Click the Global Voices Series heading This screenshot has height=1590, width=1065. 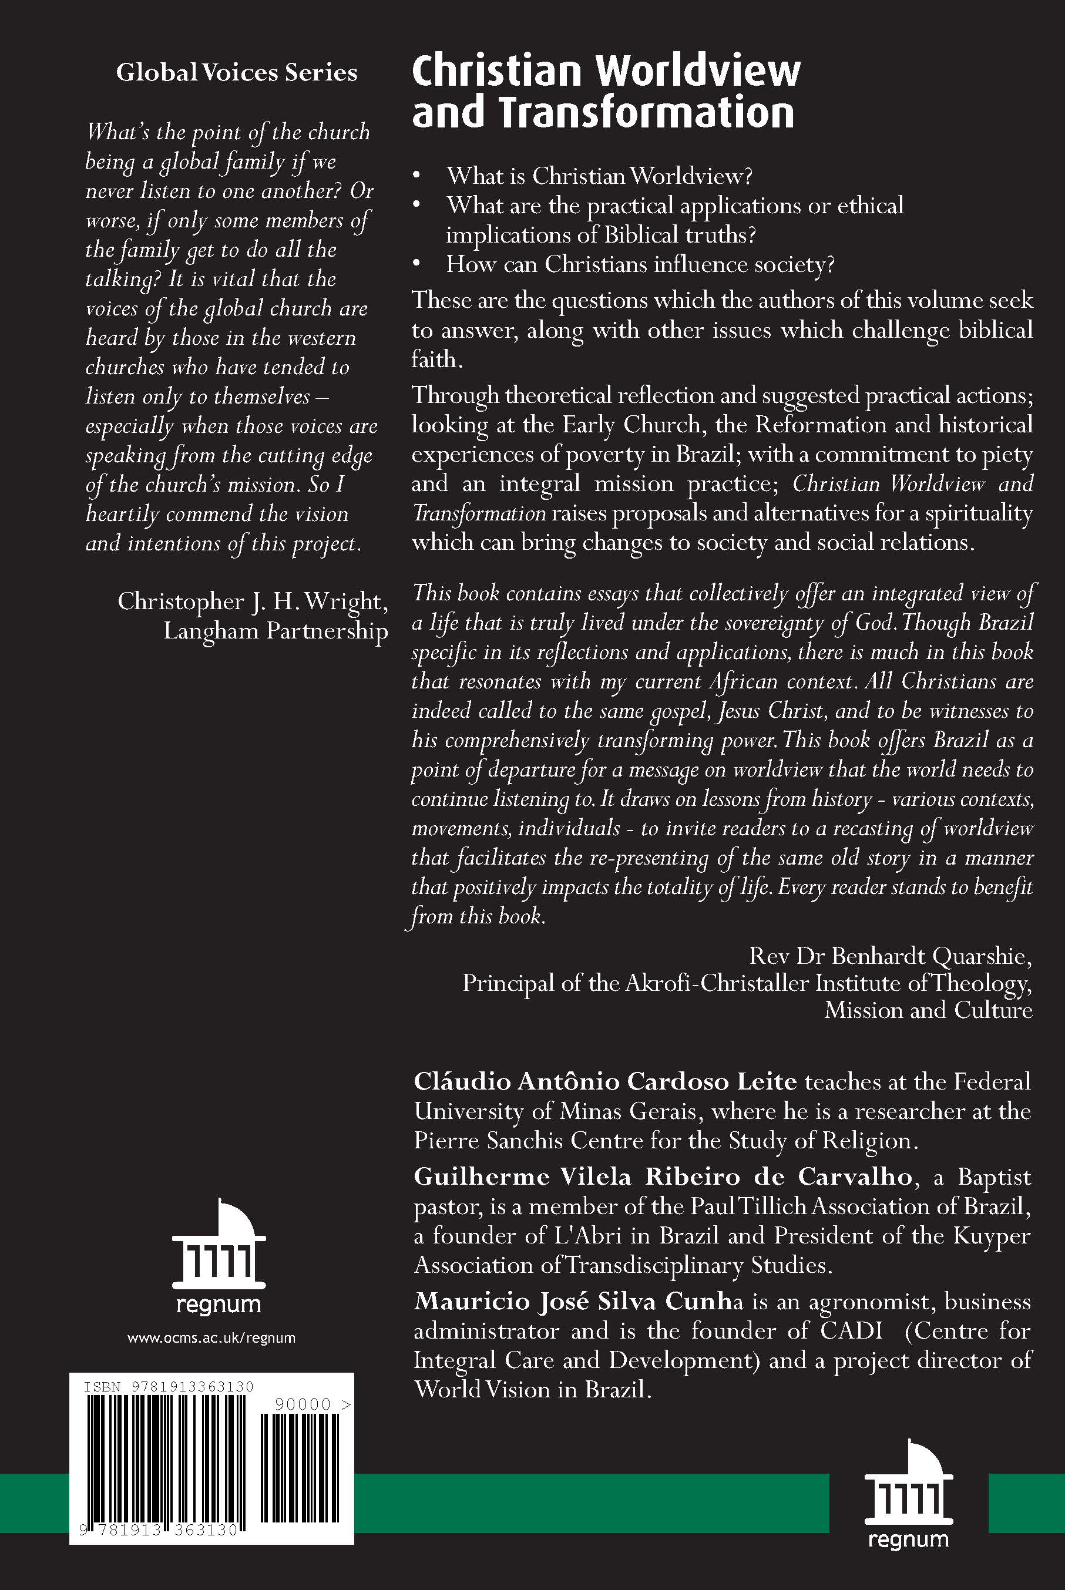pos(236,73)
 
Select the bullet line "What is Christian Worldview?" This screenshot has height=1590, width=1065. pos(599,176)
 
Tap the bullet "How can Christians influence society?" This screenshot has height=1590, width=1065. pos(640,264)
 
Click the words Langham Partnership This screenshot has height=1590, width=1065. pos(275,631)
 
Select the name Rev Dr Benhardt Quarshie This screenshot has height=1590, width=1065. pos(890,956)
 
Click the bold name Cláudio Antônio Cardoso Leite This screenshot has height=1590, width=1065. pos(605,1081)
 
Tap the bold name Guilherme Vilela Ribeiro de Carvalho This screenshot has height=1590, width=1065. pos(662,1176)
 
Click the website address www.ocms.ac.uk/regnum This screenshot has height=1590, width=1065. pos(211,1338)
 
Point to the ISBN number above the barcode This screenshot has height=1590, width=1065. pos(169,1387)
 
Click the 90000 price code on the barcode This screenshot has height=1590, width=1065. pos(303,1404)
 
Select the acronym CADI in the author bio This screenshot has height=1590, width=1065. pos(851,1330)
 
